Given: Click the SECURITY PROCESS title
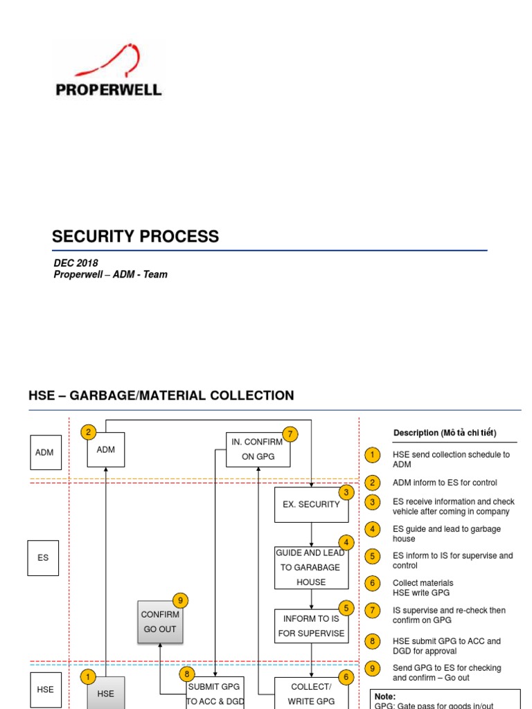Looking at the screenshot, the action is pyautogui.click(x=135, y=237).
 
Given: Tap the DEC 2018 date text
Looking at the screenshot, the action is pyautogui.click(x=76, y=263).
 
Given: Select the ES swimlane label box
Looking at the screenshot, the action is pyautogui.click(x=43, y=558).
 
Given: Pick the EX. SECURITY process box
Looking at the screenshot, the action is pyautogui.click(x=311, y=505).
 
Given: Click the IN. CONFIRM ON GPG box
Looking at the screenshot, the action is pyautogui.click(x=258, y=449).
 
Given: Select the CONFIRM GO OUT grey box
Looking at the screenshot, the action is pyautogui.click(x=160, y=622).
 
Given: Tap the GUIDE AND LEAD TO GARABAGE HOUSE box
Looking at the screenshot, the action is pyautogui.click(x=311, y=568).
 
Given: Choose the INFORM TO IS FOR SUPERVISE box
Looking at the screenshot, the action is pyautogui.click(x=311, y=626).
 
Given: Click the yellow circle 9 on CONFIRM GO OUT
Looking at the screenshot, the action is pyautogui.click(x=181, y=600).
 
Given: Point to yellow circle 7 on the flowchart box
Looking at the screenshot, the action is pyautogui.click(x=290, y=434).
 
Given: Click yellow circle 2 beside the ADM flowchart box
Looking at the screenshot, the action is pyautogui.click(x=88, y=432).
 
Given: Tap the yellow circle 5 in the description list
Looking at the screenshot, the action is pyautogui.click(x=372, y=556).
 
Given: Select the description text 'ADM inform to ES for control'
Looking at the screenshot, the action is pyautogui.click(x=445, y=483).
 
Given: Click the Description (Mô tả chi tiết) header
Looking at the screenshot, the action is pyautogui.click(x=445, y=433).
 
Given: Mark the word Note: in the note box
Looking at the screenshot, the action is pyautogui.click(x=385, y=697).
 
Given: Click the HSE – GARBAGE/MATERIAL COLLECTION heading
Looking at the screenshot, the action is pyautogui.click(x=161, y=395).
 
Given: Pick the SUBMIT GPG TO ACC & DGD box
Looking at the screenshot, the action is pyautogui.click(x=215, y=692).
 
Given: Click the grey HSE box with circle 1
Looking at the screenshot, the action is pyautogui.click(x=106, y=692).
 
